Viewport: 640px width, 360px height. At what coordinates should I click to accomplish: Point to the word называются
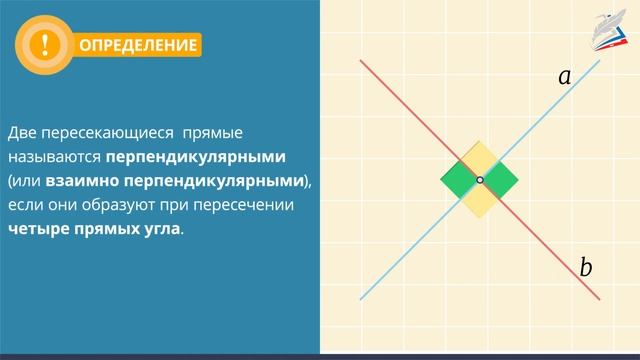pyautogui.click(x=53, y=158)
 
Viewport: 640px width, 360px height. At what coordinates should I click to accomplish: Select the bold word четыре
pyautogui.click(x=39, y=229)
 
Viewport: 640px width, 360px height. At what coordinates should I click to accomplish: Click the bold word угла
pyautogui.click(x=161, y=229)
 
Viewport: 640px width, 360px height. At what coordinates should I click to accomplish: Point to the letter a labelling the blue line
pyautogui.click(x=564, y=76)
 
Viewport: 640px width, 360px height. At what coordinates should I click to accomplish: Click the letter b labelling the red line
pyautogui.click(x=586, y=267)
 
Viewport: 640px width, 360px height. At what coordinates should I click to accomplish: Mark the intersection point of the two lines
pyautogui.click(x=480, y=180)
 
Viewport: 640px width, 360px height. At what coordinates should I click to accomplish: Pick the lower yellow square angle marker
pyautogui.click(x=480, y=200)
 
